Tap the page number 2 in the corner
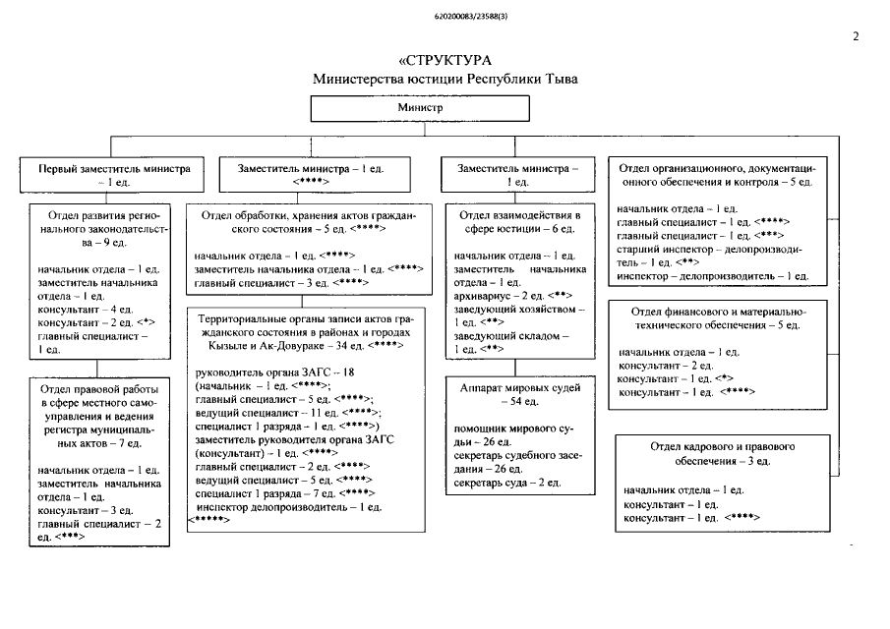(x=855, y=36)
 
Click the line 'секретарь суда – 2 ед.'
(x=506, y=483)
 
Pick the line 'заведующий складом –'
(x=505, y=335)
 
